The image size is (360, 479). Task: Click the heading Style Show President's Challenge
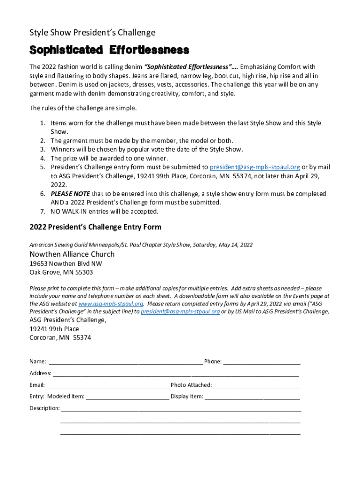(x=92, y=33)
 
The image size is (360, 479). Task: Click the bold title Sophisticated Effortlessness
(x=109, y=50)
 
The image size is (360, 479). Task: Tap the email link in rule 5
(x=255, y=167)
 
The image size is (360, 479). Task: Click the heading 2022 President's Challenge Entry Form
(x=95, y=227)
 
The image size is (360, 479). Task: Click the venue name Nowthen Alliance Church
(x=72, y=254)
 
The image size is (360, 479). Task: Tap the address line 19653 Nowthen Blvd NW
(x=66, y=264)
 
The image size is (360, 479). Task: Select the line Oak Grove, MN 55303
(x=61, y=272)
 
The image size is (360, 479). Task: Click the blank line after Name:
(x=125, y=362)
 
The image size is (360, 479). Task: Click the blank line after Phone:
(x=262, y=362)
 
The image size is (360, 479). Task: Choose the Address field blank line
(x=176, y=374)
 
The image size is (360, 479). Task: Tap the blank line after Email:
(x=108, y=385)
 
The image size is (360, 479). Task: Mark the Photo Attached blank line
(x=256, y=385)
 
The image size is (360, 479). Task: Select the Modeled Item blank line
(x=127, y=397)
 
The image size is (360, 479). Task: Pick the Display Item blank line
(x=252, y=397)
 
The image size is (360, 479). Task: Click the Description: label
(x=44, y=408)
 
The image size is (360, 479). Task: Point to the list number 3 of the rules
(x=42, y=150)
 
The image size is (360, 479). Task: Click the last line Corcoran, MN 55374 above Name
(x=60, y=338)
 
